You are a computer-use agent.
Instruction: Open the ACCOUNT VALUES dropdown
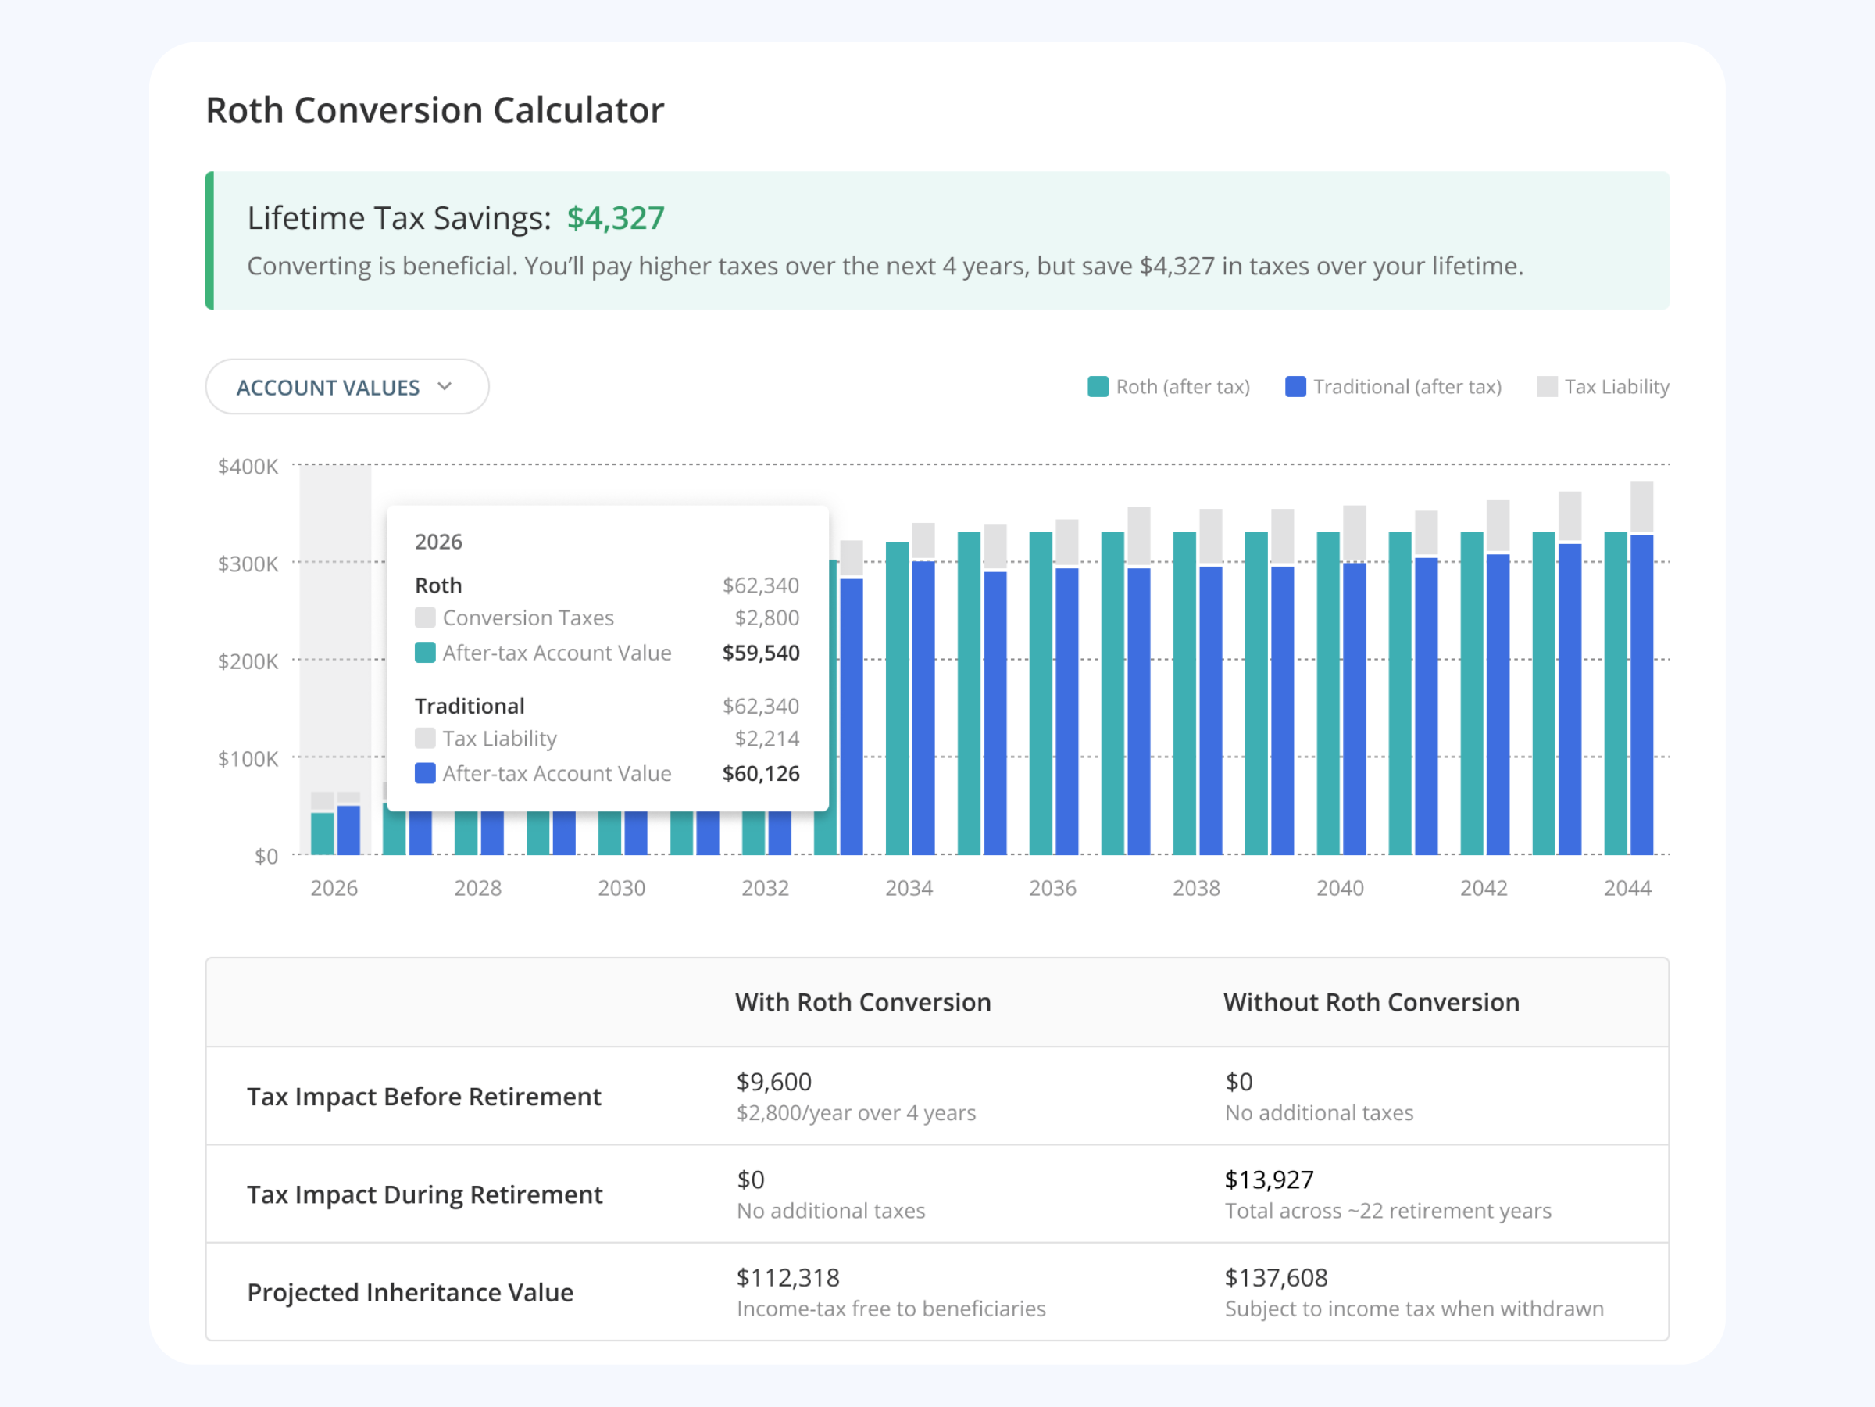click(x=347, y=387)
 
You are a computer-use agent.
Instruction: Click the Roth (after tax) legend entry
click(x=1169, y=387)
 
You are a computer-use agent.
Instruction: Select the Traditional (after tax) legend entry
click(x=1393, y=387)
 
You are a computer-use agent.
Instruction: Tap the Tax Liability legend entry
click(x=1603, y=387)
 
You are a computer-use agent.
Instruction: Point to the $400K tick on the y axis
click(x=248, y=467)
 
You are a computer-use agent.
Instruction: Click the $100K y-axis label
click(x=248, y=758)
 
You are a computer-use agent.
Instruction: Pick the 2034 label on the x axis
click(x=909, y=888)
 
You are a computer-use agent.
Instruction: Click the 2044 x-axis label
click(x=1627, y=888)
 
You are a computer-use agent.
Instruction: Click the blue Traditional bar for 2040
click(x=1355, y=708)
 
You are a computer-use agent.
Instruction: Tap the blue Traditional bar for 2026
click(x=348, y=829)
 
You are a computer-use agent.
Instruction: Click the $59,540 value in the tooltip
click(x=760, y=653)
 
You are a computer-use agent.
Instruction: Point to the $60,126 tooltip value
click(x=760, y=774)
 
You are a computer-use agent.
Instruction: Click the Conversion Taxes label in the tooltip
click(x=528, y=618)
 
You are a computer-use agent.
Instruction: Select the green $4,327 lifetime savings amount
click(x=616, y=218)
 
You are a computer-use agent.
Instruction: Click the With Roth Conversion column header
click(x=863, y=1002)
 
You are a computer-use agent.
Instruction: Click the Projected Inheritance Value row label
click(x=410, y=1293)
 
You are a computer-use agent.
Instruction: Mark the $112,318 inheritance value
click(x=787, y=1278)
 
